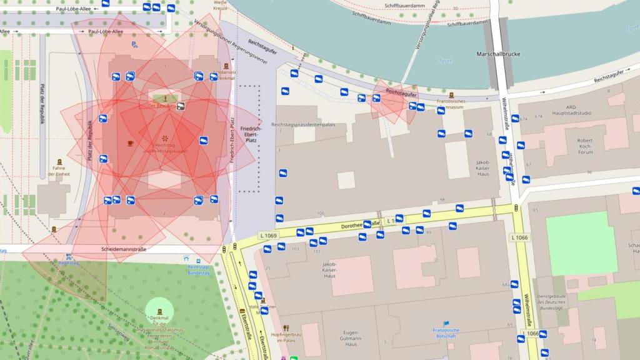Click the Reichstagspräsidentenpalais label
(303, 124)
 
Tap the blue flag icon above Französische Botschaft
(446, 323)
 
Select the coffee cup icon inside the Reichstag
(130, 143)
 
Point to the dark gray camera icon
(181, 106)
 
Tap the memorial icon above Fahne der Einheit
(59, 162)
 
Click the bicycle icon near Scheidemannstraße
(68, 256)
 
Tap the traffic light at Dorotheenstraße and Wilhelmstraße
(516, 207)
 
